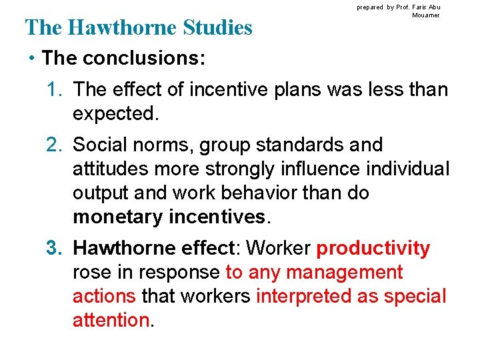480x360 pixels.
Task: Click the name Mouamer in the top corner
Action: [426, 15]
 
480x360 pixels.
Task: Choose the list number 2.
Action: [54, 145]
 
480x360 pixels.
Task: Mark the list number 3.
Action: [54, 249]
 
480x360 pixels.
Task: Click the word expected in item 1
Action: [115, 113]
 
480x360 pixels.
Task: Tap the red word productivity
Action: [373, 249]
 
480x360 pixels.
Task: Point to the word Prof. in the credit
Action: [405, 7]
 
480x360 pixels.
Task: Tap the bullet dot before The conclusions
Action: [31, 58]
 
